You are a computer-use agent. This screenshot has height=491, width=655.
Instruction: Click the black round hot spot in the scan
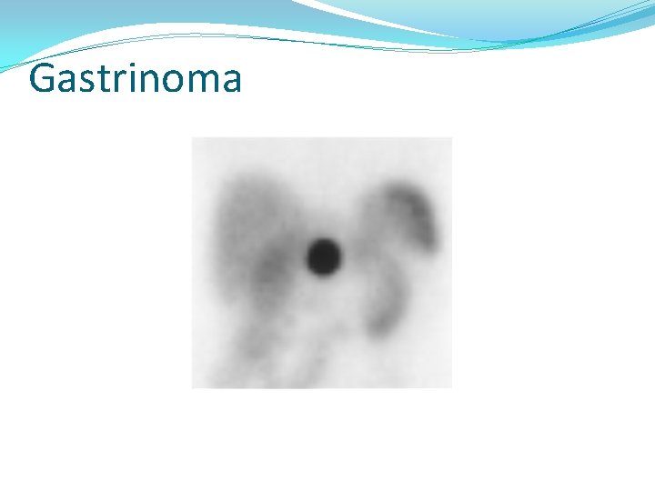point(323,257)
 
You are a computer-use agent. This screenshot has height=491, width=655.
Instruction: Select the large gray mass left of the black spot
point(250,241)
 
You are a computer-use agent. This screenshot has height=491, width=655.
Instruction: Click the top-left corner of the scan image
point(192,137)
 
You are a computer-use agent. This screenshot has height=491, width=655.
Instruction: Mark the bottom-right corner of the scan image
point(451,387)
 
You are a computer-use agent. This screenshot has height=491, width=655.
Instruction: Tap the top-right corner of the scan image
point(451,137)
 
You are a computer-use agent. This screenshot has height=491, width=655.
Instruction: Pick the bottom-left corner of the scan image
point(192,387)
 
